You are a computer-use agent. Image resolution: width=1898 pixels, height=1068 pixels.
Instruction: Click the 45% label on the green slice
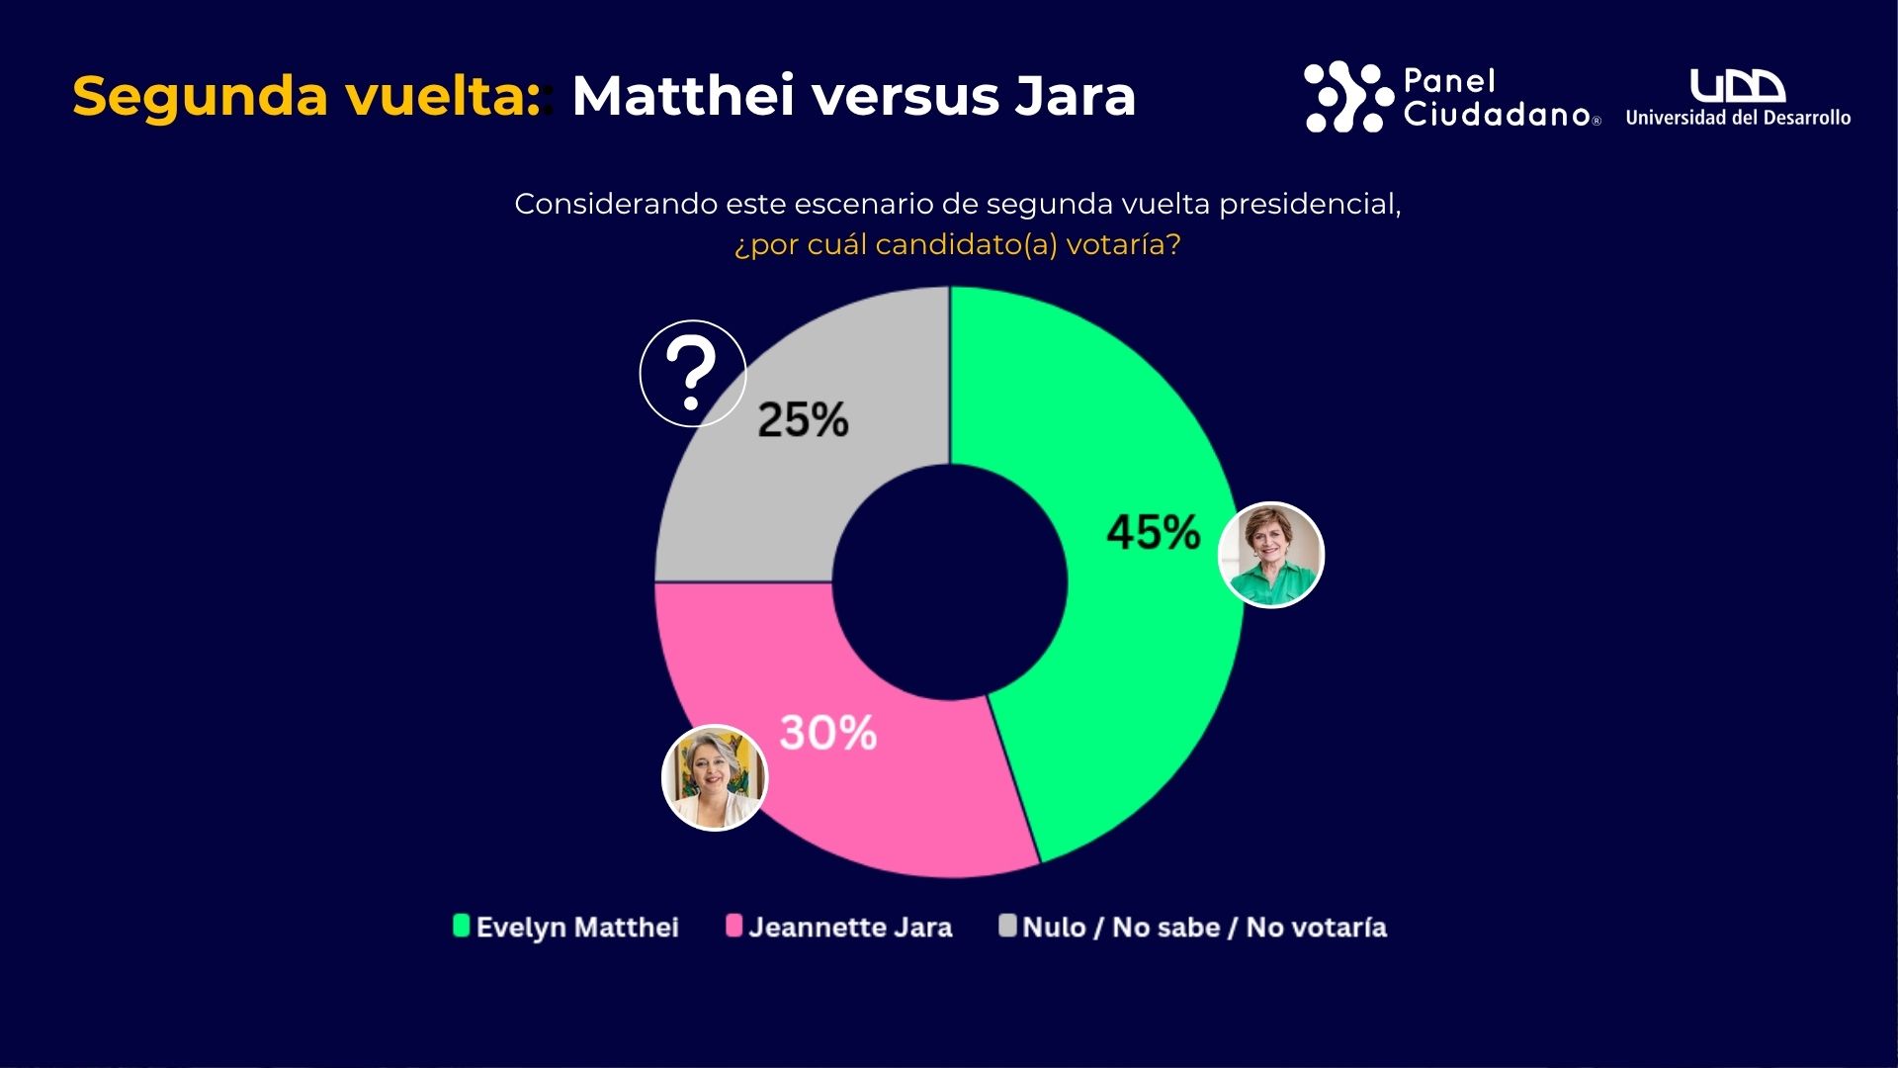(1153, 532)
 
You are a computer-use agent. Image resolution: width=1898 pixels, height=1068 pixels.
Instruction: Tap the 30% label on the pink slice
(827, 733)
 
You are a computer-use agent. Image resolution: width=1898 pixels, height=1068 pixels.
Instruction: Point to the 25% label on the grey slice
(803, 419)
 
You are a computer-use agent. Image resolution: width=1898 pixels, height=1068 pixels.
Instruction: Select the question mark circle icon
(692, 373)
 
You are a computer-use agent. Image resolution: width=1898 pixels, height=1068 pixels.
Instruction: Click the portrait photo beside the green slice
(1271, 555)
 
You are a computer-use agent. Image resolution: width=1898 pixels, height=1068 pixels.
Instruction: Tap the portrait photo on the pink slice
(714, 777)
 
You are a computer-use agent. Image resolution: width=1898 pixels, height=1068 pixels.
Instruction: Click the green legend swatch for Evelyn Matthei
(461, 926)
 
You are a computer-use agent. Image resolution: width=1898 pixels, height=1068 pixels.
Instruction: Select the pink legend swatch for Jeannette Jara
(733, 926)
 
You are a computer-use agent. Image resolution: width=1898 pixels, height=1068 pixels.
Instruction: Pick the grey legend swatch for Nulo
(1007, 926)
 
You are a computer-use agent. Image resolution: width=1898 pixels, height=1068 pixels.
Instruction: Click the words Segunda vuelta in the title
(306, 97)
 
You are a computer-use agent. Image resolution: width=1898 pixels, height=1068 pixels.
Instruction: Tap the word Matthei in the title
(683, 97)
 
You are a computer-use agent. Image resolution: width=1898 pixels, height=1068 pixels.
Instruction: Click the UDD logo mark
(1737, 86)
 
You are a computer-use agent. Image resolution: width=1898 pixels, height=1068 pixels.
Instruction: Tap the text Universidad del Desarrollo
(1738, 118)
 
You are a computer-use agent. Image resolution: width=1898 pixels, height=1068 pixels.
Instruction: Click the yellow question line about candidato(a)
(957, 244)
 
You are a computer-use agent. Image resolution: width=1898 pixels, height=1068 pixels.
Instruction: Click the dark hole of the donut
(950, 582)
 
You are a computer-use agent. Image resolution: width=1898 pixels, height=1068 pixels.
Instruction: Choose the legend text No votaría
(1316, 928)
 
